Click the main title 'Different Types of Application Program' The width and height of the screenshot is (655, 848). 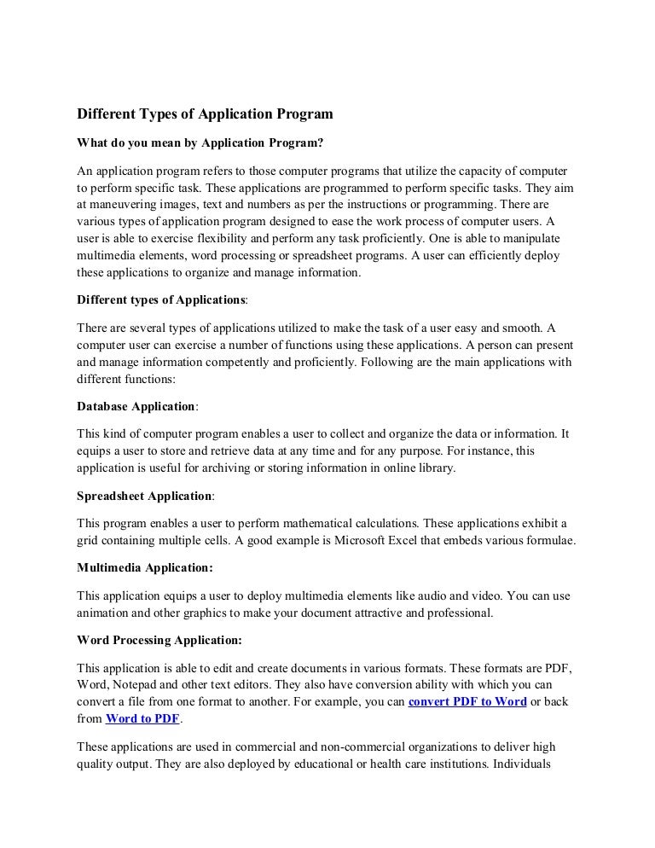coord(204,113)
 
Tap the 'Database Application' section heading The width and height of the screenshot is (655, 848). coord(136,407)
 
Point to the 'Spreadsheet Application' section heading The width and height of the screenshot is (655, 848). coord(144,496)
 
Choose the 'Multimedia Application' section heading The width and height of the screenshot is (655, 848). coord(145,566)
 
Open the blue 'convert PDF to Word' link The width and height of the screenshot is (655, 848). coord(467,701)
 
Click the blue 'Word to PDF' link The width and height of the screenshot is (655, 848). coord(142,718)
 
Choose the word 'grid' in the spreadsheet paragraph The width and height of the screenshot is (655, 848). coord(89,540)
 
